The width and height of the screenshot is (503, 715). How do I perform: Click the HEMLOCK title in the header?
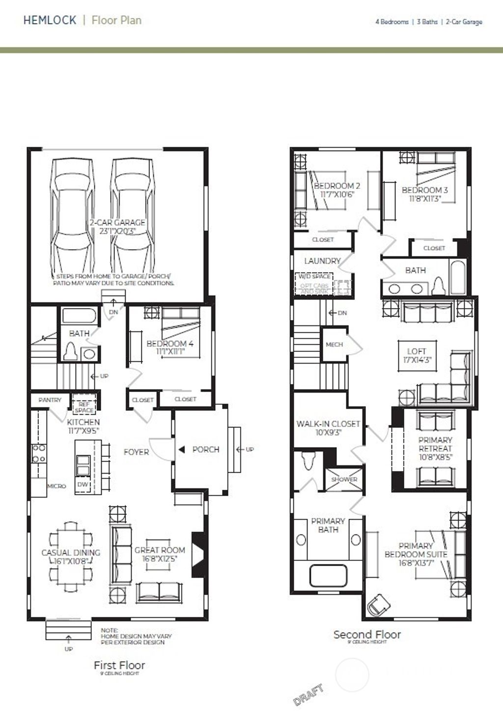(50, 20)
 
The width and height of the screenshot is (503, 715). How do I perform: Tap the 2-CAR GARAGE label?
(117, 223)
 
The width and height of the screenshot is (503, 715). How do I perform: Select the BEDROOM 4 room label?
(170, 344)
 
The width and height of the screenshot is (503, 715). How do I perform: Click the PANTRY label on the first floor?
(50, 400)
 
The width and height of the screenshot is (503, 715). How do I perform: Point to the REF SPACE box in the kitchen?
(84, 407)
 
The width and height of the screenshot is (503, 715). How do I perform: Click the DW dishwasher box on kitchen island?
(83, 484)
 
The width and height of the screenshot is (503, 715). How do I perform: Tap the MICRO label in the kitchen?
(56, 486)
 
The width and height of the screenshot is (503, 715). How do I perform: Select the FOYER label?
(136, 452)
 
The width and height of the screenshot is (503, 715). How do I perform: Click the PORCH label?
(205, 450)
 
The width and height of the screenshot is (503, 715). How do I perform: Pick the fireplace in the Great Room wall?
(197, 555)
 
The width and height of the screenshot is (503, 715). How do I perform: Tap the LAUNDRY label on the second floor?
(322, 261)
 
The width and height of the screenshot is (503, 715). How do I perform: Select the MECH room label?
(334, 344)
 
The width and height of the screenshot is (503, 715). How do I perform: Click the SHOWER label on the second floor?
(344, 479)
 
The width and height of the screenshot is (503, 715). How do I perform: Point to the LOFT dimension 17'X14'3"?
(416, 360)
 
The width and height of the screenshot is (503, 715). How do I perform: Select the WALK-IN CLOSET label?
(328, 424)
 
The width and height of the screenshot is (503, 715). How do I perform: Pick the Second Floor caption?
(367, 635)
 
